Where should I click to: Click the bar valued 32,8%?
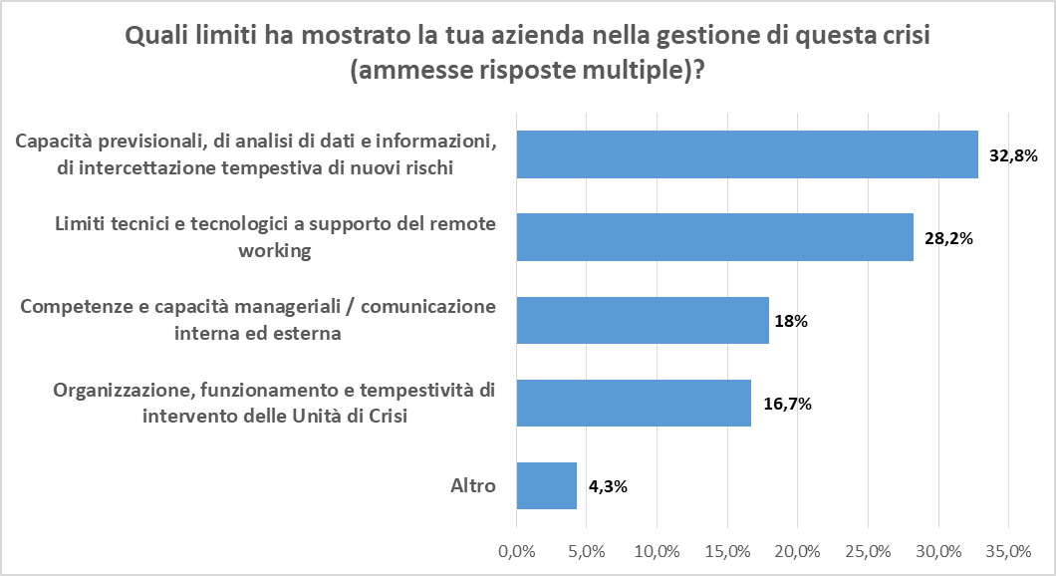pyautogui.click(x=747, y=154)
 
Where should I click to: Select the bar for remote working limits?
pyautogui.click(x=714, y=237)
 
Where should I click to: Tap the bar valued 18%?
pyautogui.click(x=643, y=320)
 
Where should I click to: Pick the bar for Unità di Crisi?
pyautogui.click(x=634, y=403)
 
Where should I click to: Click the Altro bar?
pyautogui.click(x=546, y=485)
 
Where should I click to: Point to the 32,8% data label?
pyautogui.click(x=1013, y=155)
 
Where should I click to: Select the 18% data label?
pyautogui.click(x=790, y=321)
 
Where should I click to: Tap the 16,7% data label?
pyautogui.click(x=787, y=404)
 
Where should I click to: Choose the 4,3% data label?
pyautogui.click(x=607, y=486)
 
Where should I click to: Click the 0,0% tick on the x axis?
pyautogui.click(x=516, y=551)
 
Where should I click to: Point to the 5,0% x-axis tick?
pyautogui.click(x=587, y=551)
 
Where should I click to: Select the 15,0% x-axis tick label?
pyautogui.click(x=727, y=551)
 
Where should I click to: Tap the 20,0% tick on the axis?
pyautogui.click(x=797, y=551)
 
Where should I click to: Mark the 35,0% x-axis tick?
pyautogui.click(x=1007, y=551)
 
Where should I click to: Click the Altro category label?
pyautogui.click(x=473, y=486)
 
